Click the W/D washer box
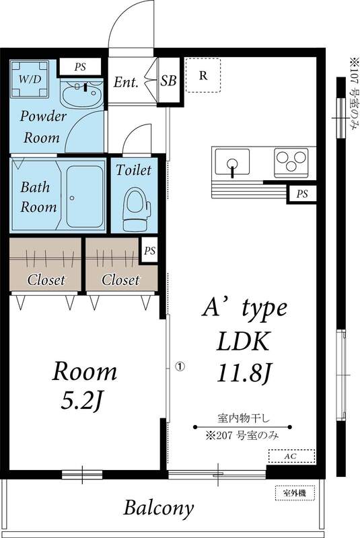28,79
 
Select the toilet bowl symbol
135,208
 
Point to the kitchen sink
231,163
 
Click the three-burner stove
291,162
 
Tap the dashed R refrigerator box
202,75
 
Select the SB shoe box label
169,82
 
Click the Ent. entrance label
126,83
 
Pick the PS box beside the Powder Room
80,67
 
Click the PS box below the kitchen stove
301,194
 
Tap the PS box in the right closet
149,250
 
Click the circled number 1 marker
179,367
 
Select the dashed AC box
291,456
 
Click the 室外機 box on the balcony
294,493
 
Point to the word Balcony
159,508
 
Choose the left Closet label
46,280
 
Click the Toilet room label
134,170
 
